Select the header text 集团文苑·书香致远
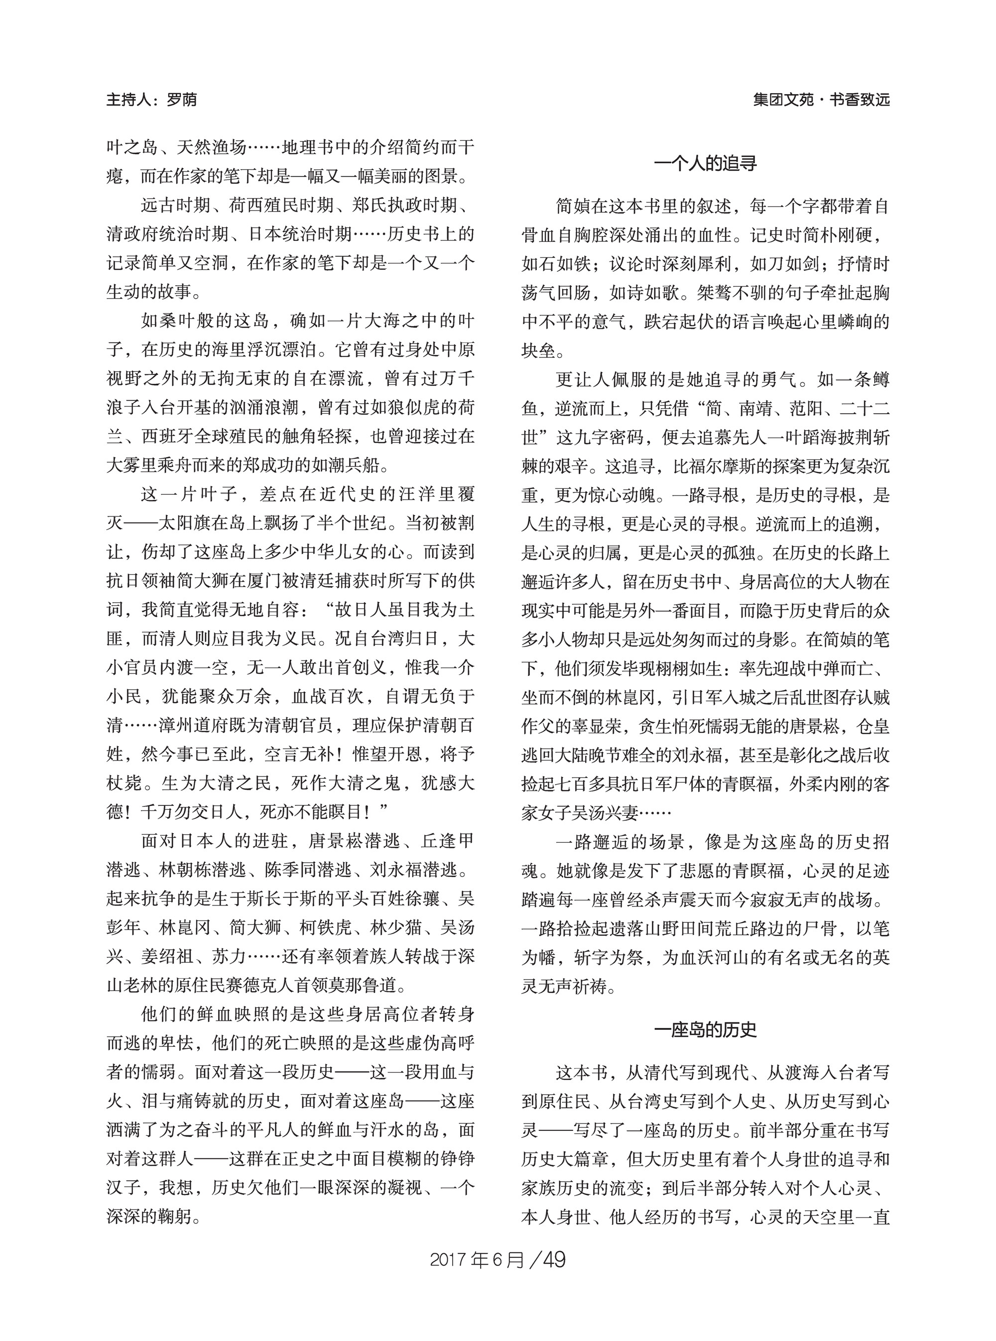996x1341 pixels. pos(821,100)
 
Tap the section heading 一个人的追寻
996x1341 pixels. pos(705,163)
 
